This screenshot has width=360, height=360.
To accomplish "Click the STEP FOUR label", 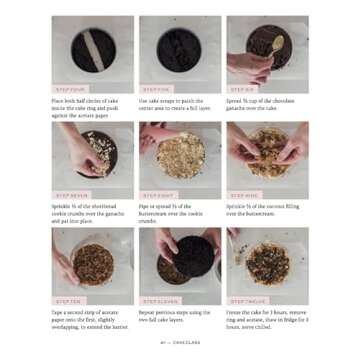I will pyautogui.click(x=70, y=89).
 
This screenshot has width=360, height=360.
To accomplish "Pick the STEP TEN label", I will pyautogui.click(x=70, y=301).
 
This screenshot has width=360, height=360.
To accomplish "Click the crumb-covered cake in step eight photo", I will pyautogui.click(x=180, y=155).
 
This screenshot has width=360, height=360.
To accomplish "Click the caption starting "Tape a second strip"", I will pyautogui.click(x=92, y=319).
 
